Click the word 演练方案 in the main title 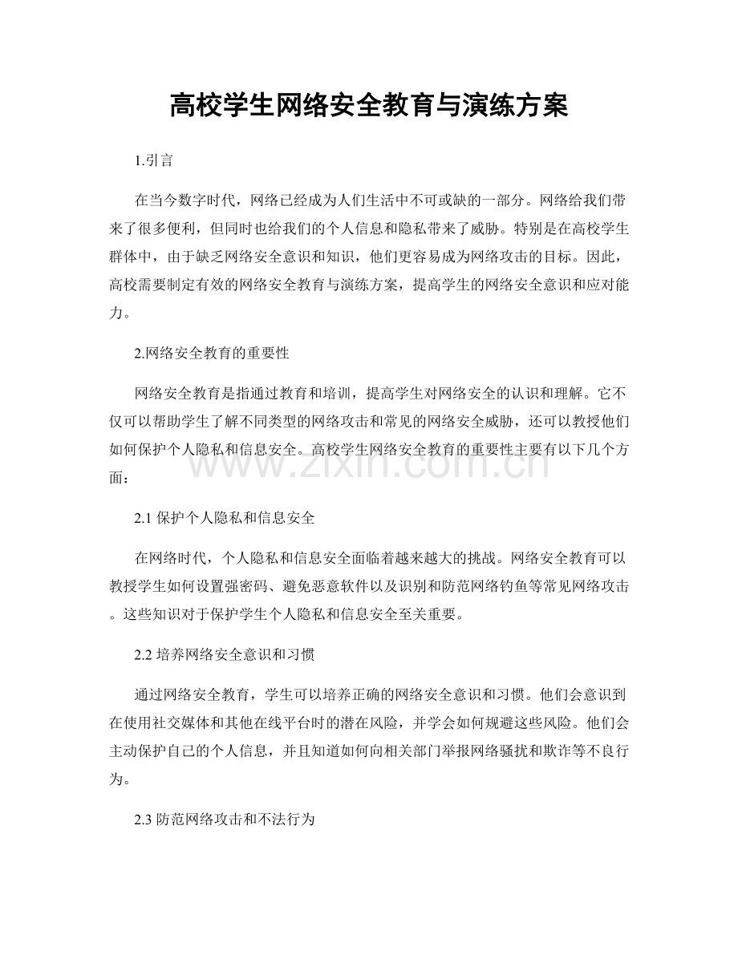517,106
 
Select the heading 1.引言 153,161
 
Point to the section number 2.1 142,519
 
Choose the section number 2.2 142,654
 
